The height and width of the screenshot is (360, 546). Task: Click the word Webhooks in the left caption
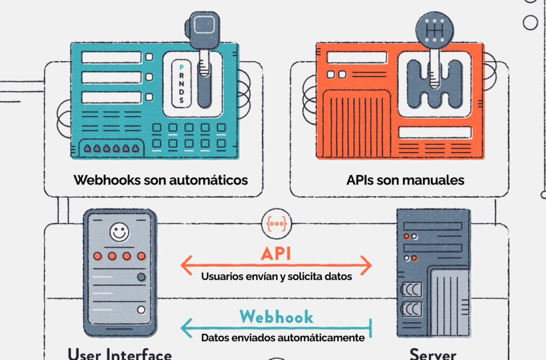[x=107, y=180]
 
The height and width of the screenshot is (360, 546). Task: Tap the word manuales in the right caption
[x=437, y=180]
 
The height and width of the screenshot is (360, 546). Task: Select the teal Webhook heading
[x=276, y=317]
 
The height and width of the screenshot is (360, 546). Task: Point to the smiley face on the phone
[x=119, y=233]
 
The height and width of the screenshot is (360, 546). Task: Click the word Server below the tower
[x=432, y=354]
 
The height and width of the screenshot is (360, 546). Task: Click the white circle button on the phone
[x=141, y=310]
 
